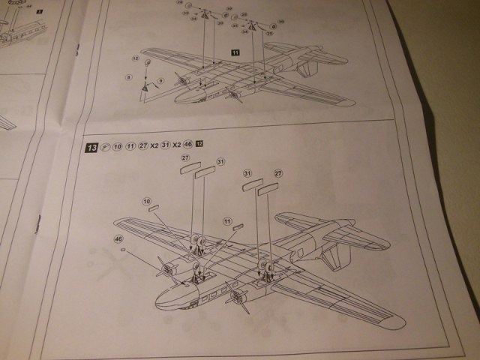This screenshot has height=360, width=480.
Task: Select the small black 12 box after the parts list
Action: click(199, 142)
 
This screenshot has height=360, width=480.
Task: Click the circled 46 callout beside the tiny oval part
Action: click(118, 238)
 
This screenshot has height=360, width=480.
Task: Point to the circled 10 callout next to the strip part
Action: click(147, 201)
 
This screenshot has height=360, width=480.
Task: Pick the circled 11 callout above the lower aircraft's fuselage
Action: click(227, 220)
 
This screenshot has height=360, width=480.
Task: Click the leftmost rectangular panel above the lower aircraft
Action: click(190, 168)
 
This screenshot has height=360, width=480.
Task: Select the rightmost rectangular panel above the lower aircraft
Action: click(268, 190)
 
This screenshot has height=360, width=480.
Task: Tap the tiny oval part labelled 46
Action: click(123, 251)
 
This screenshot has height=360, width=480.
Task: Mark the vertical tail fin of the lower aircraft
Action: click(338, 255)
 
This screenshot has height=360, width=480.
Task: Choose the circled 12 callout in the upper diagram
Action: click(135, 58)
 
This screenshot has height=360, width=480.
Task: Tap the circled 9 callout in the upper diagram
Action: click(129, 76)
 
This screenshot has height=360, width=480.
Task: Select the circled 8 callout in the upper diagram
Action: click(160, 80)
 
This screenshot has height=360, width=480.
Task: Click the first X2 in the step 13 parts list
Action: click(155, 144)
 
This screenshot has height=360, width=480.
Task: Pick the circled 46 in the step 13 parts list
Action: click(188, 143)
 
